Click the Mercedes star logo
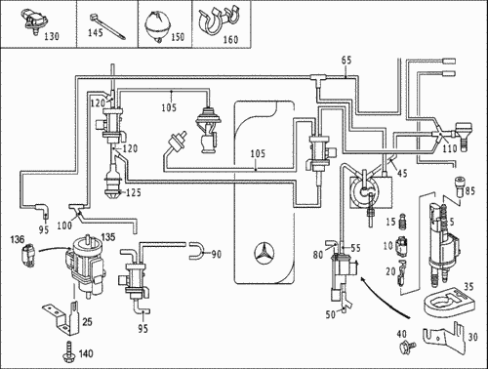(264, 254)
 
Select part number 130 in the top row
(52, 36)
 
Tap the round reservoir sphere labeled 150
(157, 26)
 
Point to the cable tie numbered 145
(107, 26)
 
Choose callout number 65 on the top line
(346, 61)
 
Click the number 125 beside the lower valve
(134, 192)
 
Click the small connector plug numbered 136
(27, 255)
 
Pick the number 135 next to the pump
(108, 237)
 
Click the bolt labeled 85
(461, 186)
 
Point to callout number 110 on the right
(450, 148)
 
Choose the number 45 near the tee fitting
(402, 173)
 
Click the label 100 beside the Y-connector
(64, 225)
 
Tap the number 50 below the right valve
(331, 314)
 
